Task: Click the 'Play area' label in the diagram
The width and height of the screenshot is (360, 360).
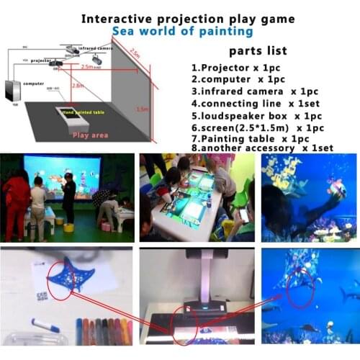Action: click(x=90, y=134)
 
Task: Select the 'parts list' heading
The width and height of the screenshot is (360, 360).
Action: click(x=257, y=50)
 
